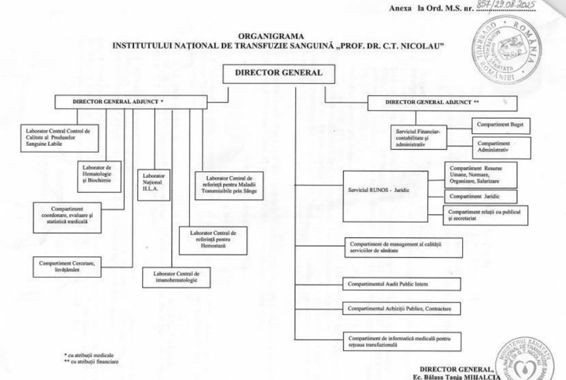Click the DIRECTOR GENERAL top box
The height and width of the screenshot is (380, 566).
[x=279, y=73]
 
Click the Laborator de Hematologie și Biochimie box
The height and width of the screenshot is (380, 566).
[x=98, y=176]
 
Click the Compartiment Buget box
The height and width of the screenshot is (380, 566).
[x=493, y=126]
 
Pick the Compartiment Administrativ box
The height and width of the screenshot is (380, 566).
[x=494, y=147]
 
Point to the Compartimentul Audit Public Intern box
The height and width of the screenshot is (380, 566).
[x=402, y=284]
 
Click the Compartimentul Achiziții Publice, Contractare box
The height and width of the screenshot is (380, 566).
[x=402, y=308]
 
